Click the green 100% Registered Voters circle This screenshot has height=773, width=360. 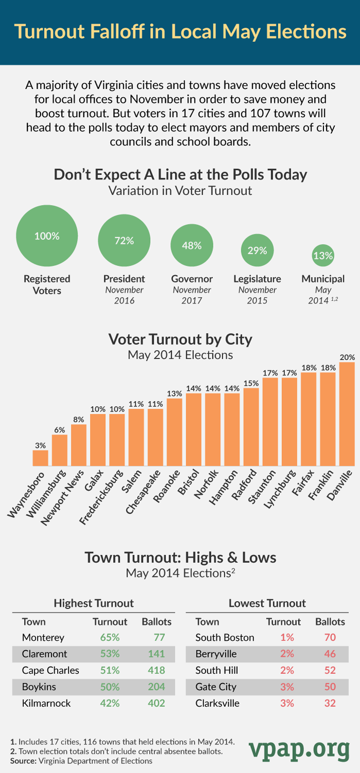click(47, 236)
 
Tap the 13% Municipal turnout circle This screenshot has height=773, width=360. click(323, 255)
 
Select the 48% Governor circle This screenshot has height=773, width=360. click(191, 245)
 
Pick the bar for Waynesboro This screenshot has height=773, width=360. click(40, 458)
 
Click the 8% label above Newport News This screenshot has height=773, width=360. click(79, 419)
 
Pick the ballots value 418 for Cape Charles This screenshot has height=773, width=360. click(156, 671)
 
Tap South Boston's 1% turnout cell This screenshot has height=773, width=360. click(287, 638)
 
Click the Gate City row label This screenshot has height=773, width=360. click(216, 687)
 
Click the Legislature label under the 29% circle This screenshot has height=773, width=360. click(257, 279)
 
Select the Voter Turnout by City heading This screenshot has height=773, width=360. click(180, 339)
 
